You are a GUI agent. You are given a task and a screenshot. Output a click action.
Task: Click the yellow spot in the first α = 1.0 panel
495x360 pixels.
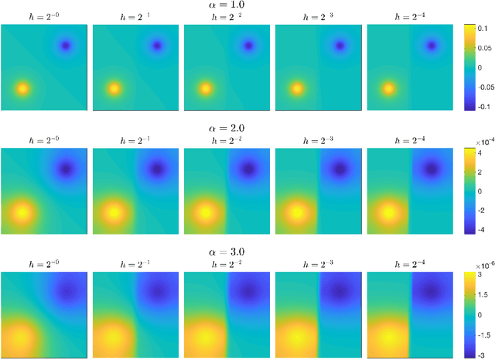pyautogui.click(x=22, y=87)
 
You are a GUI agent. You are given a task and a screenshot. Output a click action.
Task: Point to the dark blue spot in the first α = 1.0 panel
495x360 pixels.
pyautogui.click(x=66, y=46)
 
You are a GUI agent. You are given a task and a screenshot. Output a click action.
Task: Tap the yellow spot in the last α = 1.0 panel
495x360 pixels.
pyautogui.click(x=387, y=87)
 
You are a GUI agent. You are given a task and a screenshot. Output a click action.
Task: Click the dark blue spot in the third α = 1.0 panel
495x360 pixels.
pyautogui.click(x=248, y=46)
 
